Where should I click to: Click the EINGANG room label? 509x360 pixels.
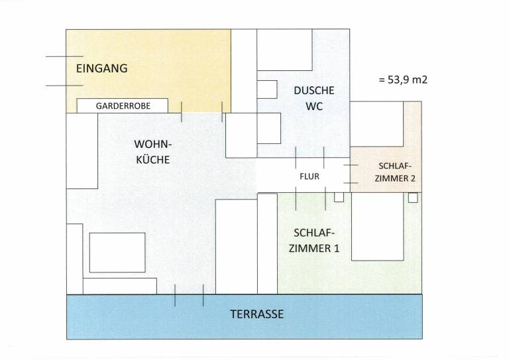pos(101,68)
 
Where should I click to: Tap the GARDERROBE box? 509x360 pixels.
pos(123,105)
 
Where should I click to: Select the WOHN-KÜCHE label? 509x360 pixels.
pos(152,152)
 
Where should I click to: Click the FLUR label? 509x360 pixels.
pos(310,177)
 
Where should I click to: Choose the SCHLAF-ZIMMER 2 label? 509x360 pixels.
pos(395,172)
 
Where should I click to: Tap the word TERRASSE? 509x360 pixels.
pos(256,314)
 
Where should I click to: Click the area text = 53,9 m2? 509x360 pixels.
pos(402,80)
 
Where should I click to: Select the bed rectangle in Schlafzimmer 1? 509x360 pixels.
pos(376,227)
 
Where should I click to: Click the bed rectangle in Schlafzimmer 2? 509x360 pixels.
pos(376,123)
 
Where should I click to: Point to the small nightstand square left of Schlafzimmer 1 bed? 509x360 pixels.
pos(339,197)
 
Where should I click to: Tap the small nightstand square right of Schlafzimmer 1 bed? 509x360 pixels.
pos(413,197)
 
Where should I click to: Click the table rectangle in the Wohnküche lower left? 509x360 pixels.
pos(117,252)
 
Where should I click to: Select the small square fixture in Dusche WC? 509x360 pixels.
pos(267,89)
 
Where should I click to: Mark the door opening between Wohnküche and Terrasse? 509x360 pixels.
pos(189,295)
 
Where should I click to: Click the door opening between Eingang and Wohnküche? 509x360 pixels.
pos(201,112)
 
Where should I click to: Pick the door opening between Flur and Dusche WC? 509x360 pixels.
pos(310,158)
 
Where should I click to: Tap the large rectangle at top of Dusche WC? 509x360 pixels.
pos(284,50)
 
